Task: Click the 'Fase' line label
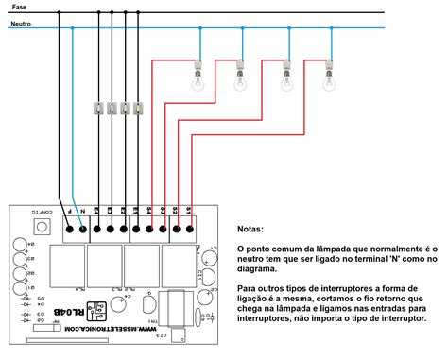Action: (19, 7)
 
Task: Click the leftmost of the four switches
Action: (97, 109)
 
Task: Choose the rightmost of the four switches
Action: (138, 109)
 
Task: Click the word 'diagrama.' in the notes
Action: (261, 268)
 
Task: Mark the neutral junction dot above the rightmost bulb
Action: (330, 26)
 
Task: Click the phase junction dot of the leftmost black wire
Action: (60, 12)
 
